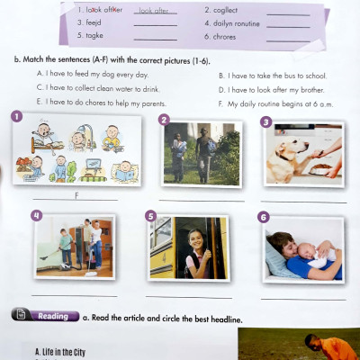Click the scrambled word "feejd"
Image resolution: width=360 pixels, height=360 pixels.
pyautogui.click(x=94, y=23)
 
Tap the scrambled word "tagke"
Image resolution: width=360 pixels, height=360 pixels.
pyautogui.click(x=94, y=38)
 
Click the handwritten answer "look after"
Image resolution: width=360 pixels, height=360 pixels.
pyautogui.click(x=154, y=10)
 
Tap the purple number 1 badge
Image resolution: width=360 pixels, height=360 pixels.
pyautogui.click(x=16, y=116)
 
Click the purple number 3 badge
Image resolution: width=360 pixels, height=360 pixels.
pyautogui.click(x=265, y=121)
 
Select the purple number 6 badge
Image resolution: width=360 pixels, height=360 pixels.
pyautogui.click(x=264, y=217)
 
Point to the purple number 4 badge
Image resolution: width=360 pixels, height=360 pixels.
pyautogui.click(x=37, y=215)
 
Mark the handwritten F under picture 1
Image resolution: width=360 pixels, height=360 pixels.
pyautogui.click(x=78, y=194)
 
